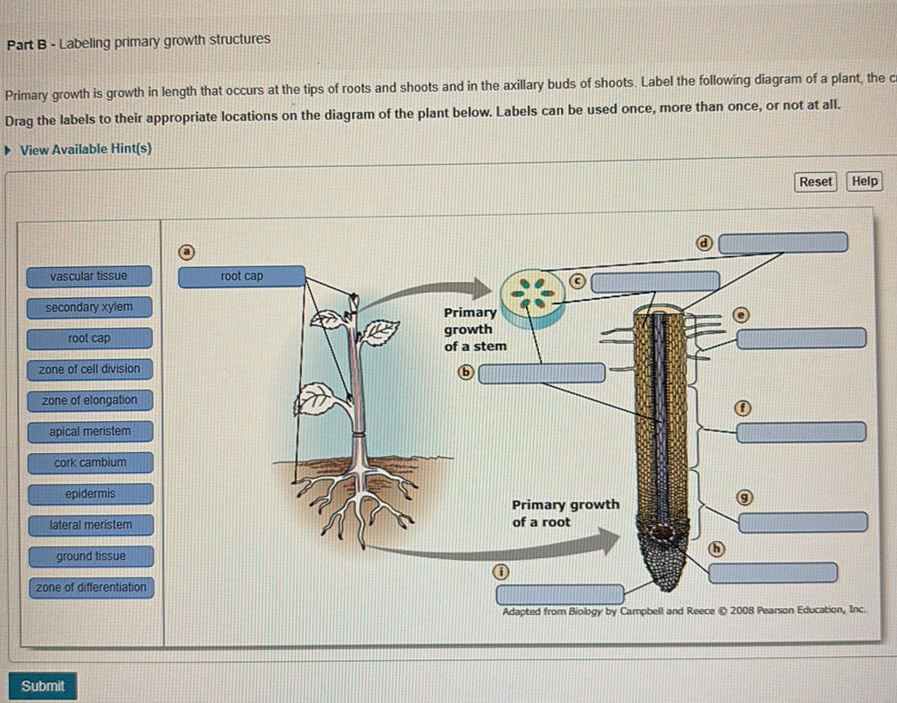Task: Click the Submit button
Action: click(43, 686)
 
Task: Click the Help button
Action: click(864, 182)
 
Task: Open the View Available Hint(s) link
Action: click(86, 150)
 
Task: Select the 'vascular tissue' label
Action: click(89, 277)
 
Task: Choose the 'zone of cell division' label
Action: click(89, 370)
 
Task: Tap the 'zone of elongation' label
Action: click(89, 401)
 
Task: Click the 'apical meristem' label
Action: click(90, 432)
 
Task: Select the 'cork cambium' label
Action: click(90, 462)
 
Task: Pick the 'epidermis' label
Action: click(90, 494)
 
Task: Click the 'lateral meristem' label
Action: click(90, 525)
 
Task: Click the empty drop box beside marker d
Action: click(784, 242)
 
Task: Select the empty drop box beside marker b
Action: click(541, 372)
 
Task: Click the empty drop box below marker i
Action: click(559, 593)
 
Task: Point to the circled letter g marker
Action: click(743, 497)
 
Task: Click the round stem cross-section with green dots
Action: click(535, 295)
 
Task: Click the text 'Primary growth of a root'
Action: click(565, 513)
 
